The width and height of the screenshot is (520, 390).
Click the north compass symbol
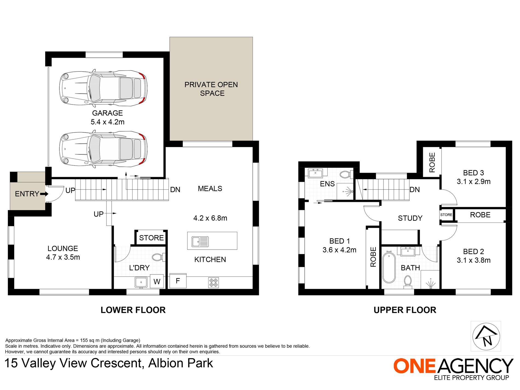point(486,336)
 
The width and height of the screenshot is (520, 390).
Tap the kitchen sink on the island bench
point(200,242)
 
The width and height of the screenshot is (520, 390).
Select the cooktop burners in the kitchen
point(213,283)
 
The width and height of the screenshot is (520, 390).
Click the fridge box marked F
point(178,281)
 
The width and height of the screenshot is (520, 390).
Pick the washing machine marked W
point(157,281)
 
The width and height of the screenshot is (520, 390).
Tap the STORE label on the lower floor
point(151,238)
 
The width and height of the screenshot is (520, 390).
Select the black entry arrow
point(44,194)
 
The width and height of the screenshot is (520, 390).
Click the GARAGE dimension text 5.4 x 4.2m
point(108,122)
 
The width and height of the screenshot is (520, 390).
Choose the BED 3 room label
point(473,173)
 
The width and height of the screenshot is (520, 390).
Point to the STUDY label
point(410,218)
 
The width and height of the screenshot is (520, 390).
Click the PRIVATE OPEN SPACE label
point(211,89)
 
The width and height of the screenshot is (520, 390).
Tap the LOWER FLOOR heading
point(133,310)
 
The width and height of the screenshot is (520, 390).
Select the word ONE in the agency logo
point(414,366)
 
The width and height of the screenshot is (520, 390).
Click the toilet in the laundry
point(158,257)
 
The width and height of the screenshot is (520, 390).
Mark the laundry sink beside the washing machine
point(141,282)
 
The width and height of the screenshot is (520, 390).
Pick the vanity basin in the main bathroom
point(408,251)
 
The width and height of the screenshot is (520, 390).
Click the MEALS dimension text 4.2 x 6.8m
point(210,218)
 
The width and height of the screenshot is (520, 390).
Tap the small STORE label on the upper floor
point(446,215)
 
